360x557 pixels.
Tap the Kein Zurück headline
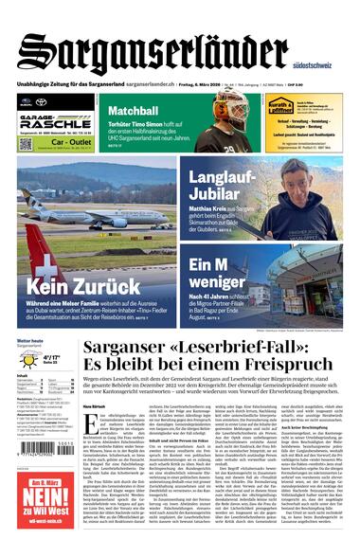[x=71, y=285]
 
